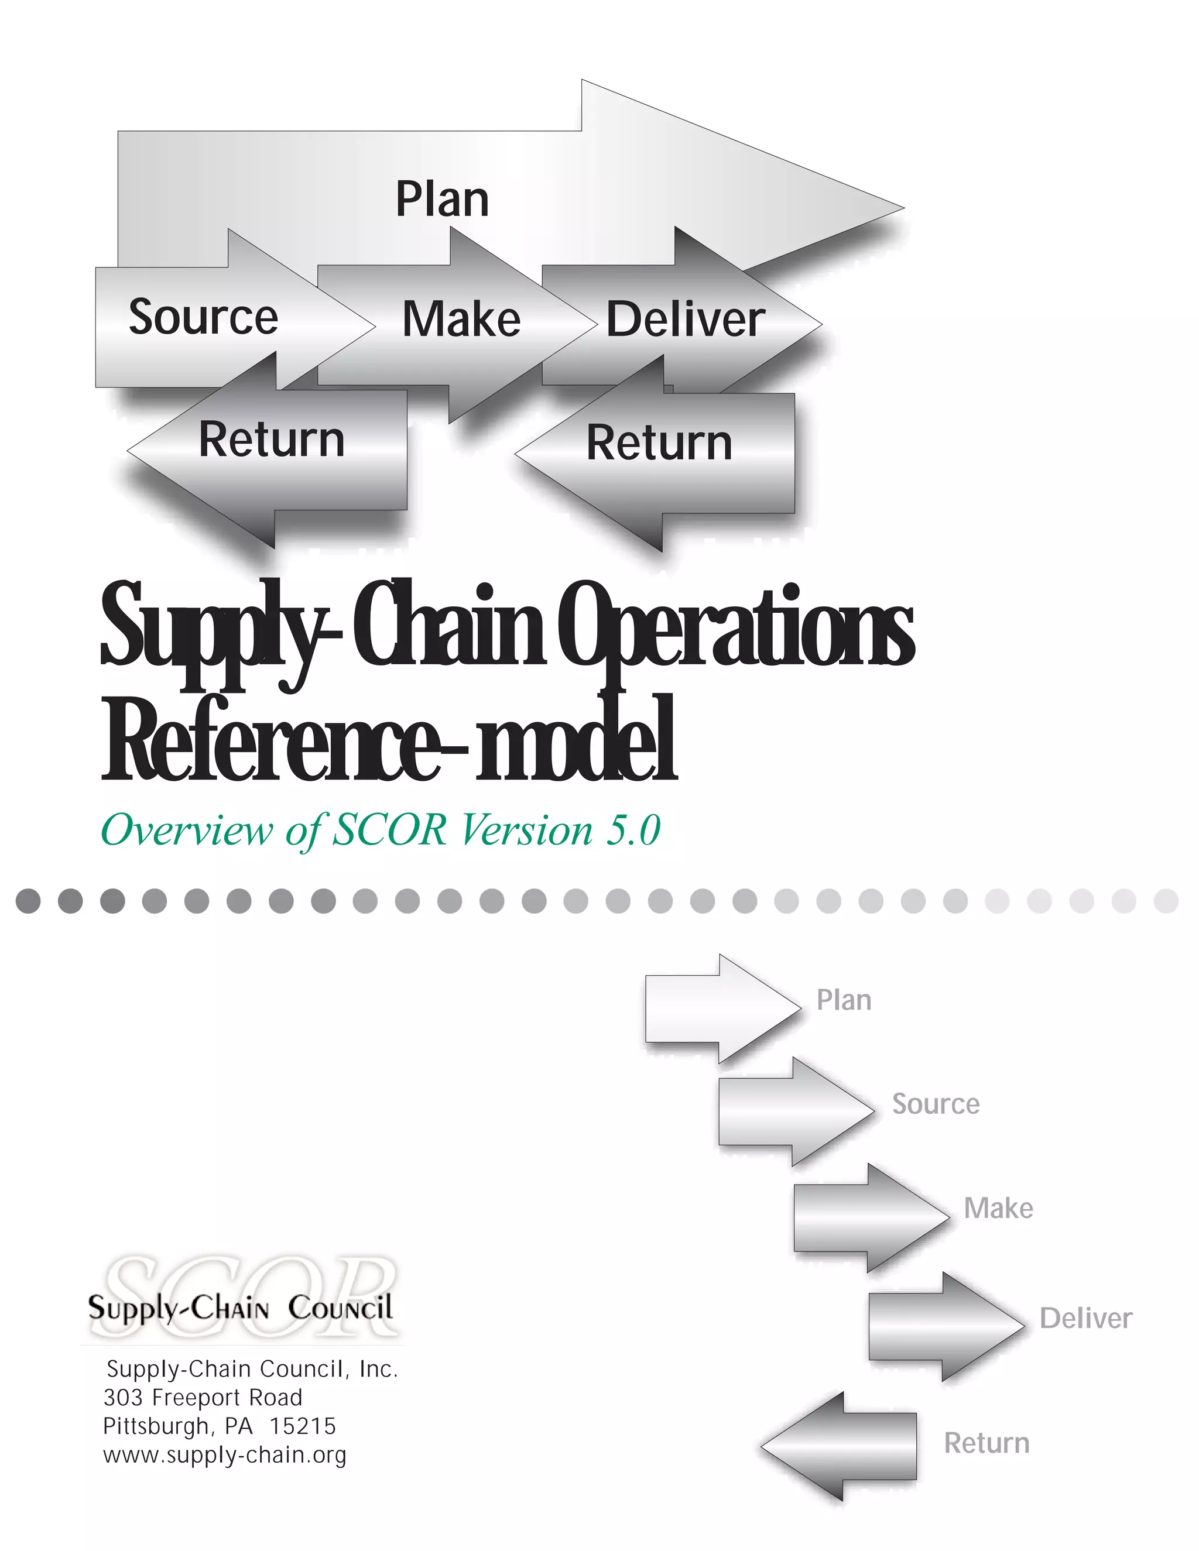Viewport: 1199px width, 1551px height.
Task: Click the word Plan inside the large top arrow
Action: (442, 200)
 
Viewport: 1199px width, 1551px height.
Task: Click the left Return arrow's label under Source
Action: (271, 440)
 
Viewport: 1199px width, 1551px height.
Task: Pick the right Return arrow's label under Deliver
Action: (659, 442)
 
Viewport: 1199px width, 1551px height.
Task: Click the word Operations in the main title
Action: (735, 625)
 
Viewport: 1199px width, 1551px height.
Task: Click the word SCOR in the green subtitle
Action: (389, 829)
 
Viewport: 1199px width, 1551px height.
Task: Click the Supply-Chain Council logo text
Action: (240, 1308)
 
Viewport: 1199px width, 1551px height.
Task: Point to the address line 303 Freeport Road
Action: (203, 1398)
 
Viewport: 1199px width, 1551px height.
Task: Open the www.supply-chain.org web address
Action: (224, 1455)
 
